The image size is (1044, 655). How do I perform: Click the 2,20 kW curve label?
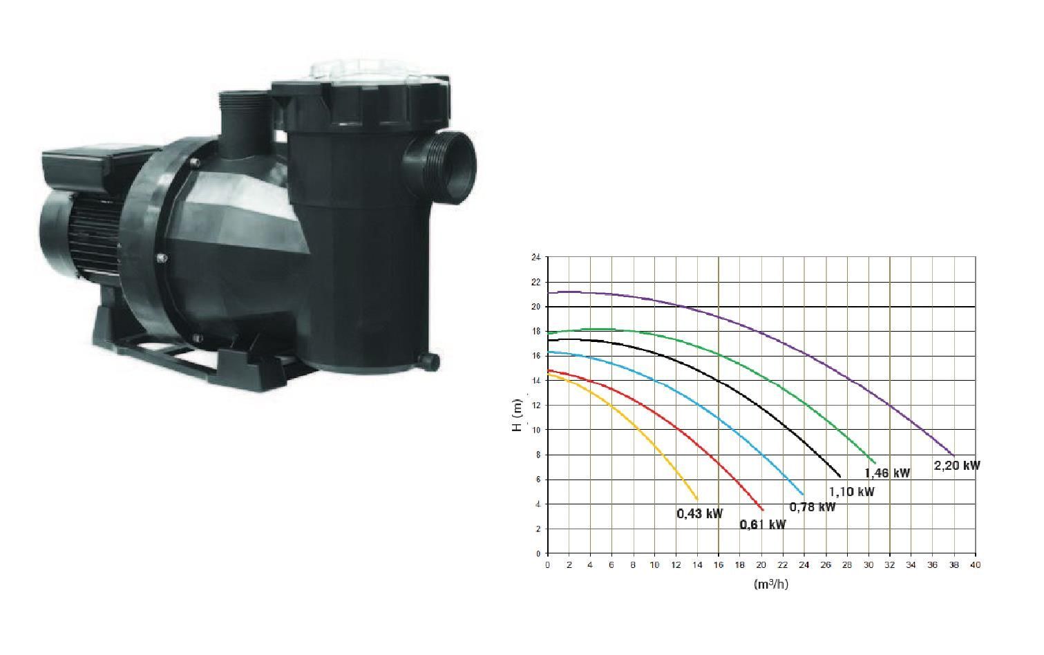click(x=957, y=465)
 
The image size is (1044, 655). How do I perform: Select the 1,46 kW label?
click(x=887, y=473)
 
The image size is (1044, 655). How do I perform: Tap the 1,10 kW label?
click(x=851, y=492)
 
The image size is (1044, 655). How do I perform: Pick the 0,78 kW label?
click(x=813, y=507)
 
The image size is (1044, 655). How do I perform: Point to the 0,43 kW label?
click(x=700, y=514)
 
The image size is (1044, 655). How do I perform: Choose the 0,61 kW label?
click(x=763, y=525)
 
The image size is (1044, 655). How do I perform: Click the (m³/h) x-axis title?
click(x=771, y=584)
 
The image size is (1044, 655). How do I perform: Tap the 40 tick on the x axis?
click(x=975, y=565)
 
